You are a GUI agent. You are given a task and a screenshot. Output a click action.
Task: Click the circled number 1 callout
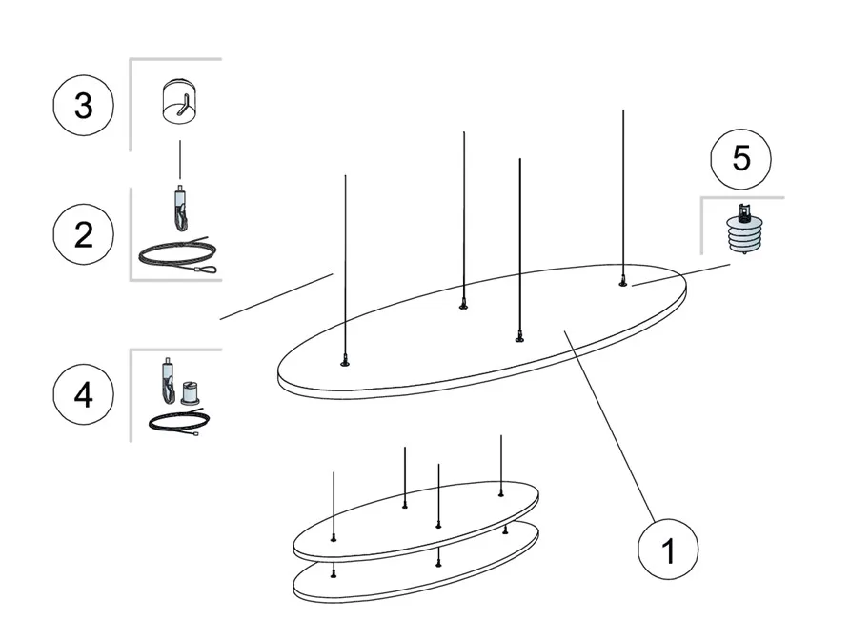pyautogui.click(x=668, y=549)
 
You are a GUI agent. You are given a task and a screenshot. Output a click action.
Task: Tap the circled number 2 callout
pyautogui.click(x=84, y=234)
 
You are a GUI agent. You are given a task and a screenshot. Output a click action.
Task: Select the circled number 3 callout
pyautogui.click(x=84, y=105)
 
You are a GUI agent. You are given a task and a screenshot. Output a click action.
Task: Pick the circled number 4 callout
pyautogui.click(x=84, y=394)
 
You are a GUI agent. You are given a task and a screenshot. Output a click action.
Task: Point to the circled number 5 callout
pyautogui.click(x=741, y=159)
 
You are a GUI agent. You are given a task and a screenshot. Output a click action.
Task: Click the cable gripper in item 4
pyautogui.click(x=169, y=382)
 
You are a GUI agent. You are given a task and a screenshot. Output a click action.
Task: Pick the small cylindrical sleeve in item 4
pyautogui.click(x=190, y=393)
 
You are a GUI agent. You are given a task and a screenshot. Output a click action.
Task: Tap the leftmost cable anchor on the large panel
pyautogui.click(x=344, y=362)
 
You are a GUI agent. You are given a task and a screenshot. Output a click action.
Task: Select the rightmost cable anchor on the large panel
pyautogui.click(x=623, y=282)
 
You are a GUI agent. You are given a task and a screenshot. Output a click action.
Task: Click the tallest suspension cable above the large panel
pyautogui.click(x=623, y=195)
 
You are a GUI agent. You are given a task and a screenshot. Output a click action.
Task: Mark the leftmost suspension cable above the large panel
pyautogui.click(x=345, y=267)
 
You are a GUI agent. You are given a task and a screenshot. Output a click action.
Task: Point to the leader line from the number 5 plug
pyautogui.click(x=681, y=274)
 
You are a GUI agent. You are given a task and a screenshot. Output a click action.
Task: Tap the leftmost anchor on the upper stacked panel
pyautogui.click(x=334, y=539)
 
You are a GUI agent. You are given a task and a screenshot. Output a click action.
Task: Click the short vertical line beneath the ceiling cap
pyautogui.click(x=180, y=160)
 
